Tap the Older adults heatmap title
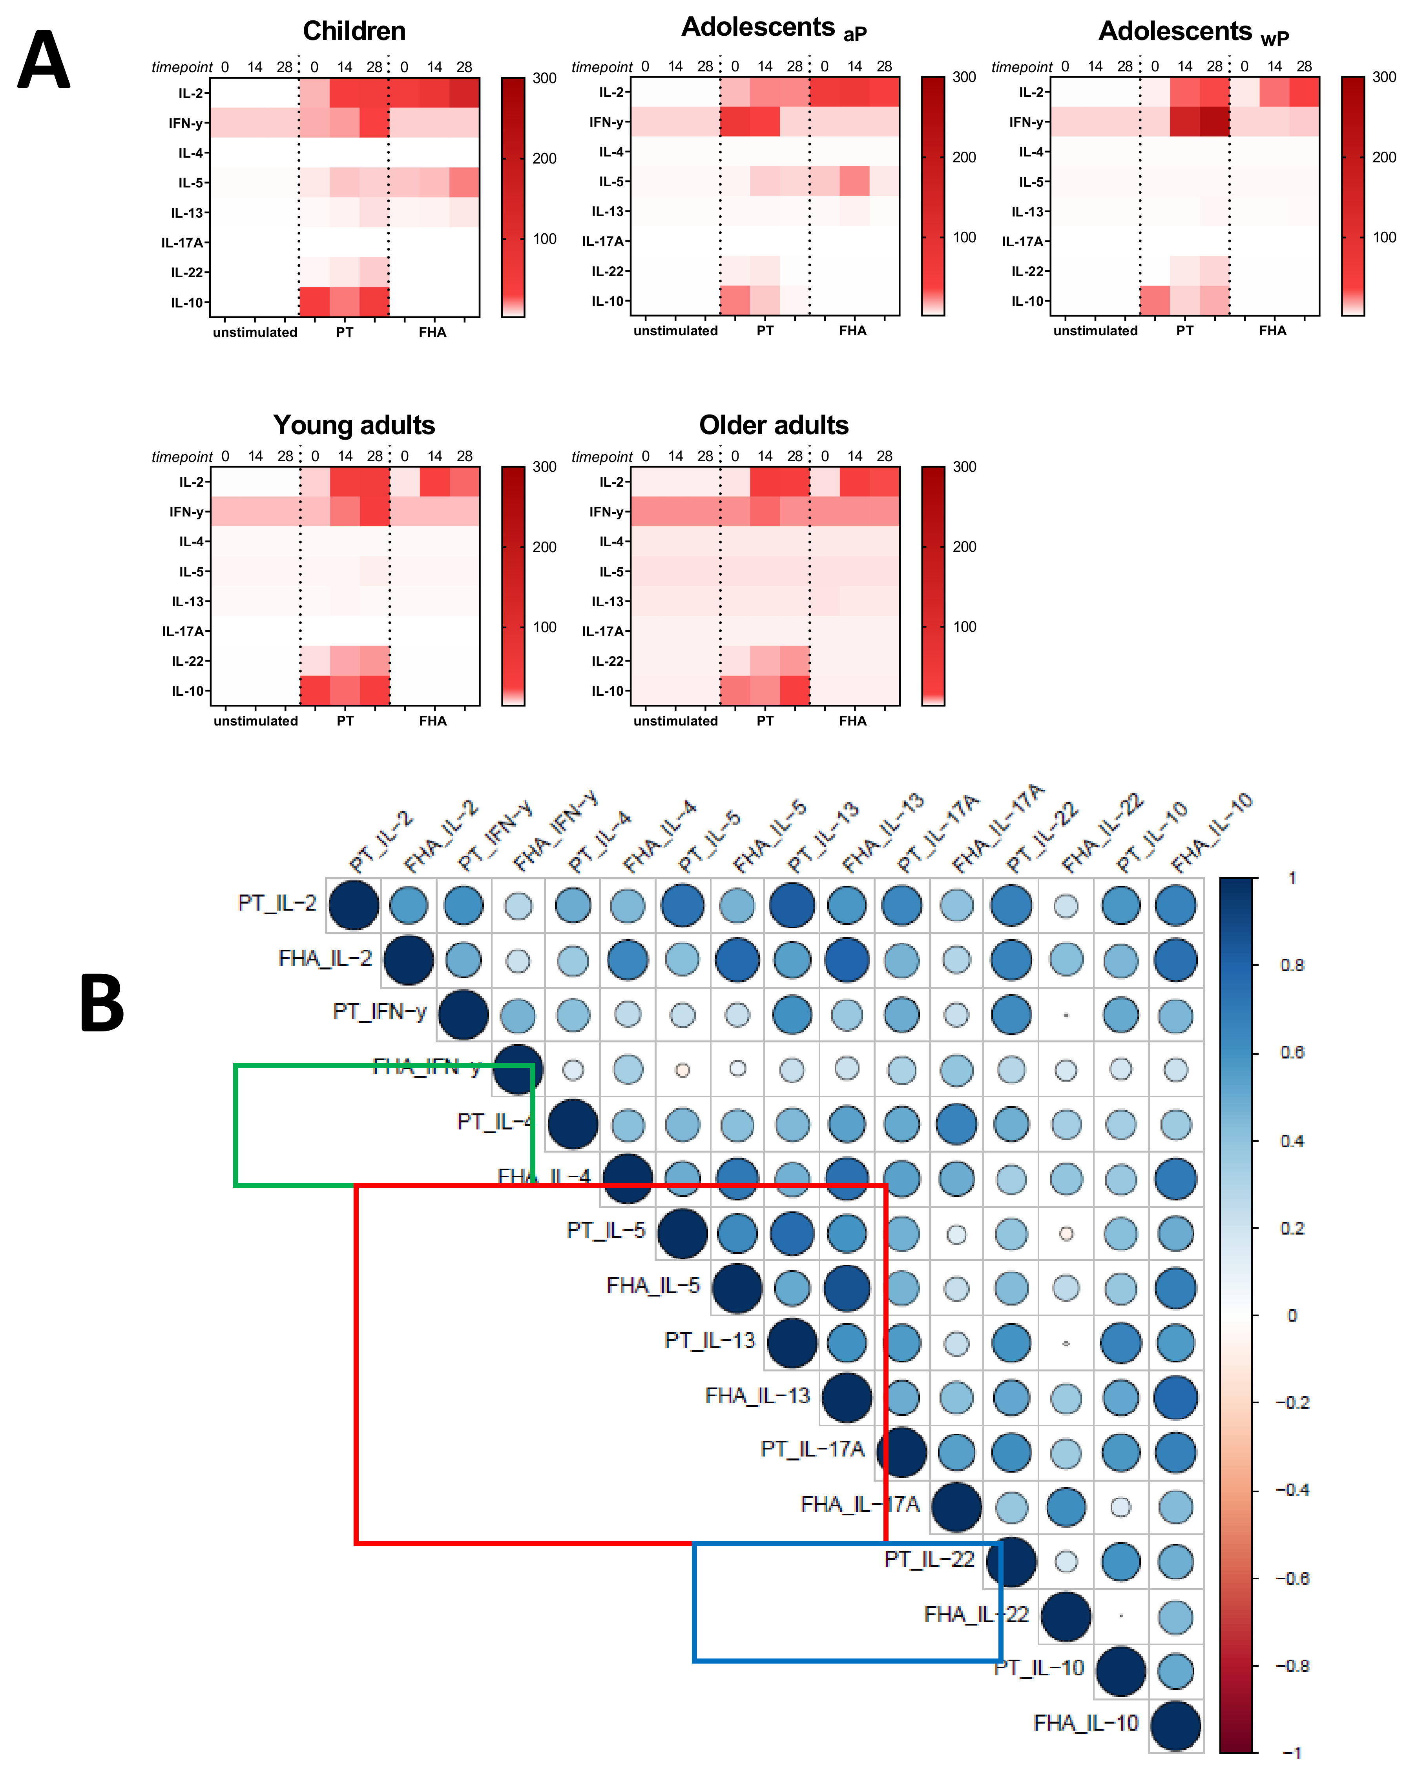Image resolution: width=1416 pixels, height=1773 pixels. coord(774,425)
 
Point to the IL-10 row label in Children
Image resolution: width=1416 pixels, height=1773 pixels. coord(187,303)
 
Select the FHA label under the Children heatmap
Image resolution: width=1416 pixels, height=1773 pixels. coord(432,332)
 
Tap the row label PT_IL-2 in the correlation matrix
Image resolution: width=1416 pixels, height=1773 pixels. coord(277,903)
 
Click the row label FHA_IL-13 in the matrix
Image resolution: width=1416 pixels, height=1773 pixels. coord(757,1396)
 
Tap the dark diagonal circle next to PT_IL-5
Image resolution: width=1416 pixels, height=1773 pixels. coord(682,1233)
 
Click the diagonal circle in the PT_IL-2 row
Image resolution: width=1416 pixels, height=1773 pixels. coord(354,905)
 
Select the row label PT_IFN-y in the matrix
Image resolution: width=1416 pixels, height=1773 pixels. coord(379,1011)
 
